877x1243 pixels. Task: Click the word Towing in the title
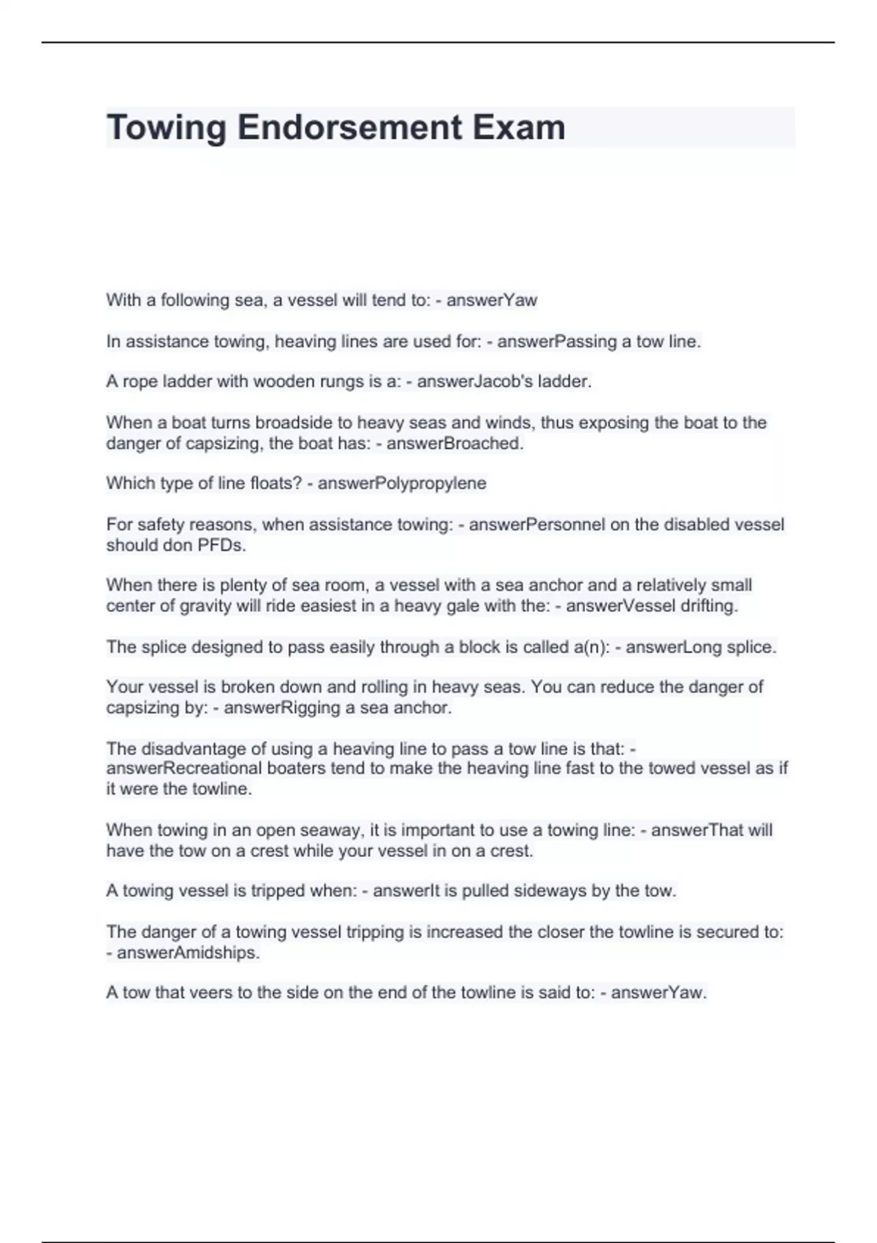(167, 128)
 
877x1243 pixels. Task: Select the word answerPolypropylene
(402, 483)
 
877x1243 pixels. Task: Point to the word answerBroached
(455, 443)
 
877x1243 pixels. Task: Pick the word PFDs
(222, 545)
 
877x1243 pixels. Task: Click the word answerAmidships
(189, 953)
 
